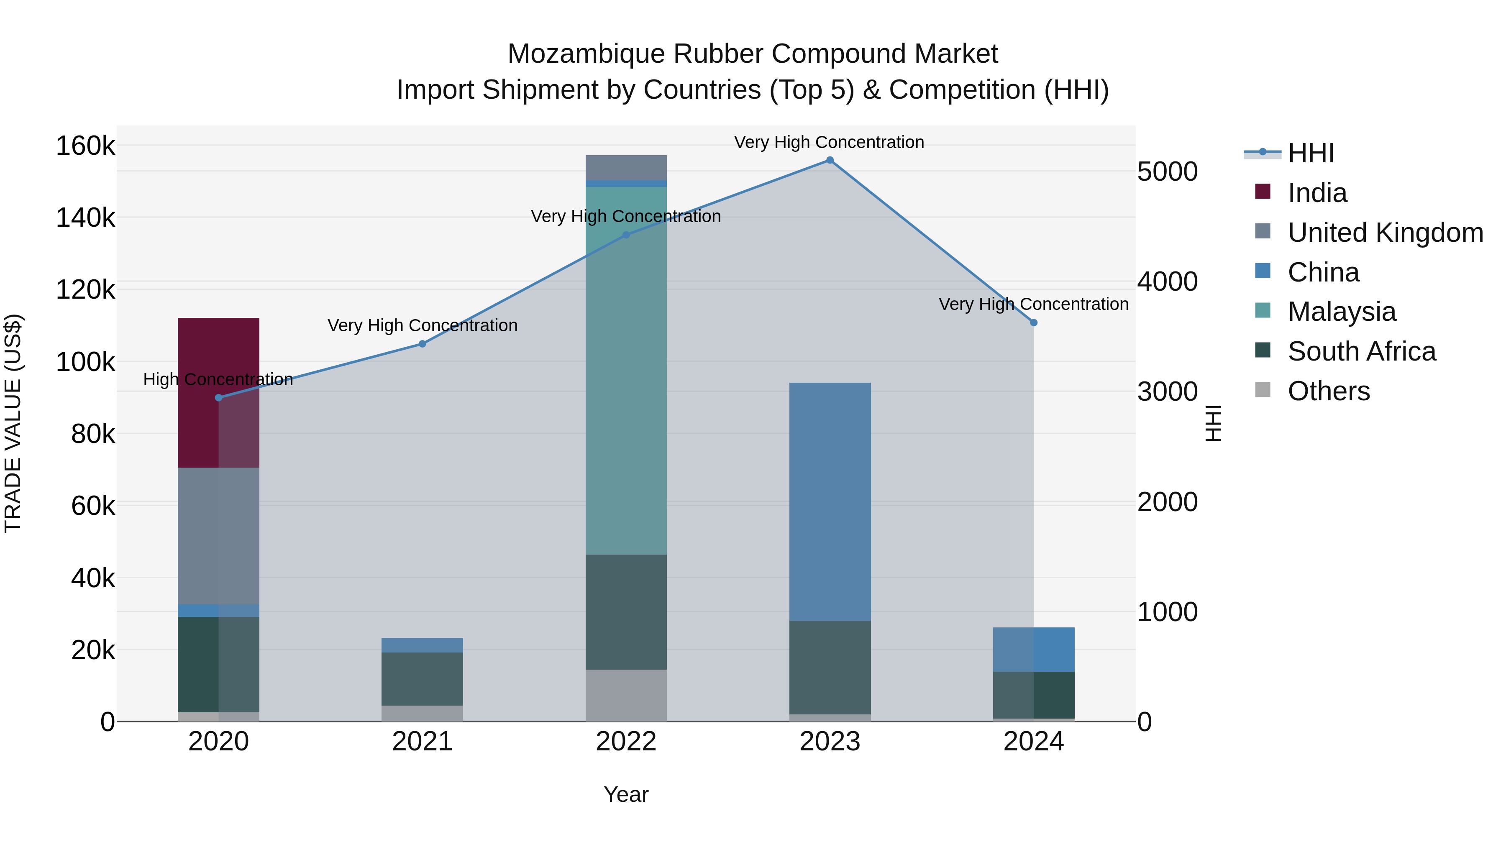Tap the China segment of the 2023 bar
tap(830, 501)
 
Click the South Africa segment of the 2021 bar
tap(422, 679)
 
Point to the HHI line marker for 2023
tap(830, 160)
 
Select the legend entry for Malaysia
tap(1341, 312)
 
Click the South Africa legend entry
tap(1361, 351)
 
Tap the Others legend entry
tap(1328, 391)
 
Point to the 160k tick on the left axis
tap(85, 146)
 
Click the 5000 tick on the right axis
tap(1167, 172)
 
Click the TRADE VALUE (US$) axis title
tap(13, 423)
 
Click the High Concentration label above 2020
tap(218, 379)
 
